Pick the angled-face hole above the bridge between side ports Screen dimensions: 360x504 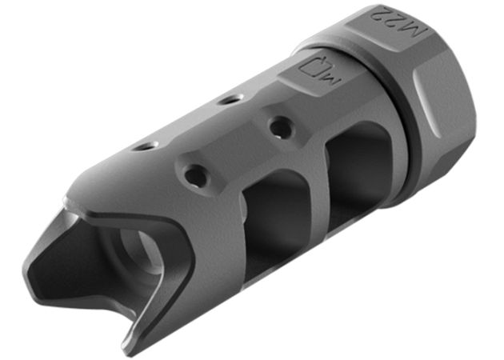tap(278, 126)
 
